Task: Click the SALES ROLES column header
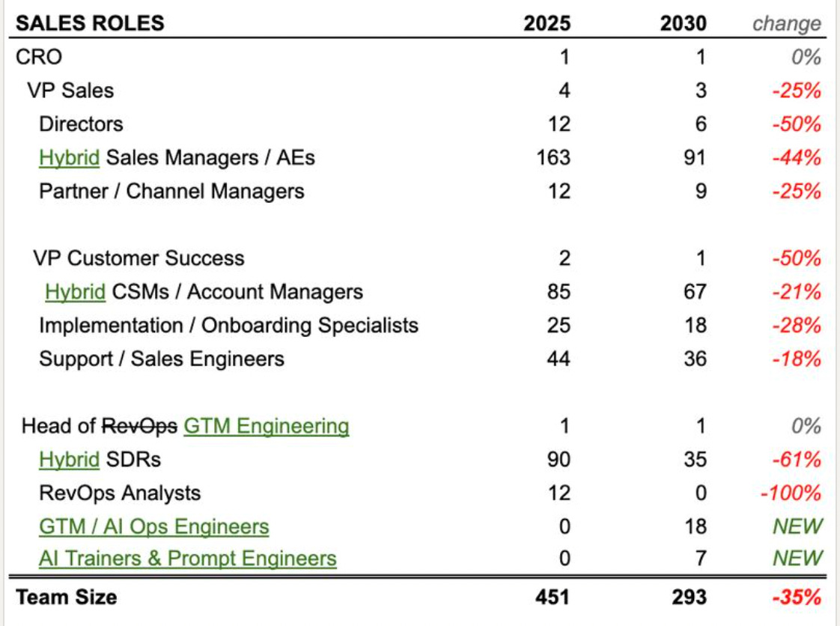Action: coord(90,23)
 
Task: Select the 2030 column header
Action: coord(684,23)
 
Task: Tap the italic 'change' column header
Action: coord(786,23)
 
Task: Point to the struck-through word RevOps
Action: coord(140,426)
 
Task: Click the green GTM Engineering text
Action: coord(266,426)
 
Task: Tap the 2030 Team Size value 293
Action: coord(684,597)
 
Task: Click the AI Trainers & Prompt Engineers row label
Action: coord(187,559)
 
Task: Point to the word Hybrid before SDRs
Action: coord(69,460)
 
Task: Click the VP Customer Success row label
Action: coord(139,258)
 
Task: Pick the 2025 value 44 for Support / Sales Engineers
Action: coord(557,359)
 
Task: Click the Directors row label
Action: coord(81,124)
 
